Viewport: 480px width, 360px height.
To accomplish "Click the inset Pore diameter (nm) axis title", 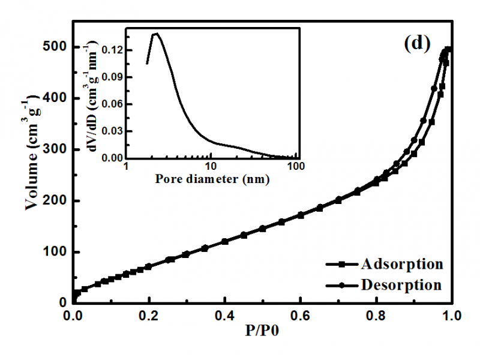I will tap(212, 178).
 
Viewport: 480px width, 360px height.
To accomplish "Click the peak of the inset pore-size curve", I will tap(157, 34).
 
